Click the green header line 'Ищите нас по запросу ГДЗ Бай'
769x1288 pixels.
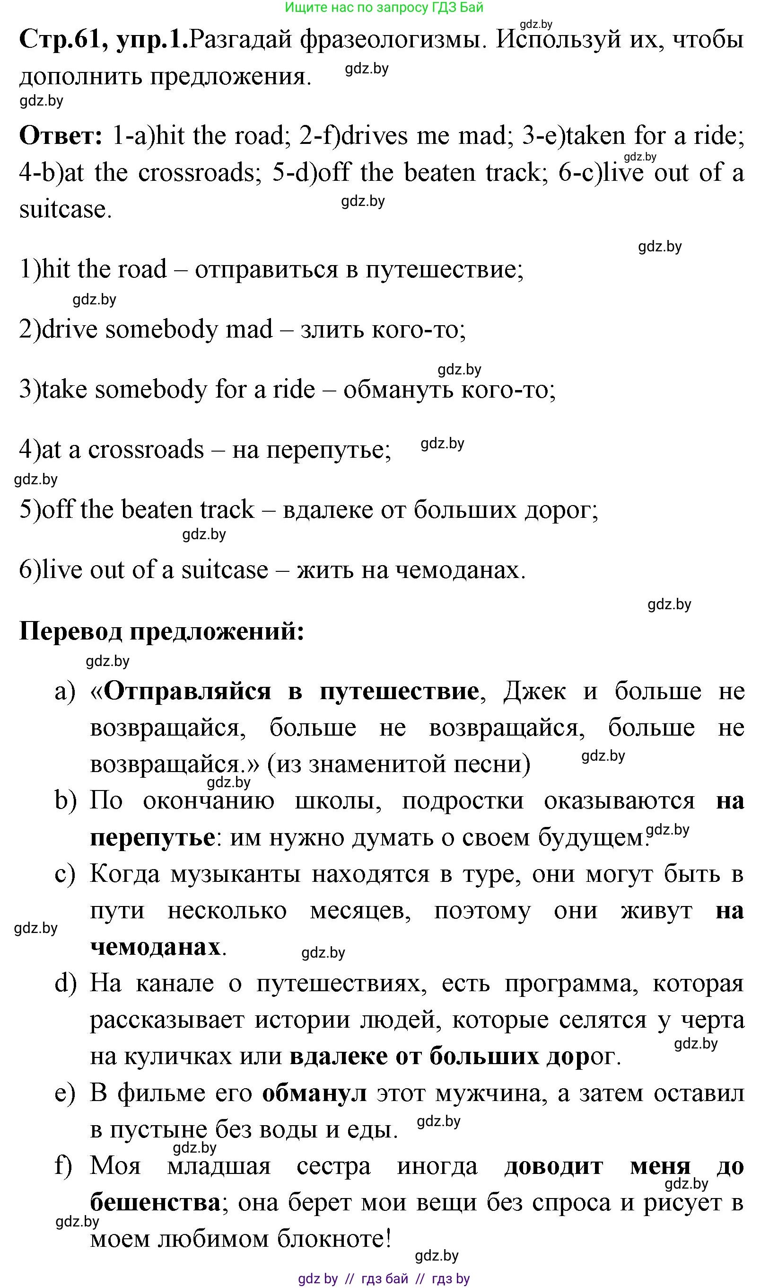pyautogui.click(x=384, y=8)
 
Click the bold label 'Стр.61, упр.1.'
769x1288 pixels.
pyautogui.click(x=103, y=39)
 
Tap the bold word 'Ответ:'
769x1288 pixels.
pyautogui.click(x=61, y=136)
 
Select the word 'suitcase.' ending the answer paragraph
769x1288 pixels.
pyautogui.click(x=65, y=210)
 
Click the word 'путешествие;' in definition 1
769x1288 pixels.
pyautogui.click(x=445, y=270)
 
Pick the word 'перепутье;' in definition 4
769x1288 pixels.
pyautogui.click(x=329, y=450)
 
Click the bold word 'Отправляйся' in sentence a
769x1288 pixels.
pyautogui.click(x=188, y=691)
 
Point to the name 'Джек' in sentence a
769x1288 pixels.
pyautogui.click(x=534, y=691)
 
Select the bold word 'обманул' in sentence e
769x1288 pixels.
pyautogui.click(x=314, y=1093)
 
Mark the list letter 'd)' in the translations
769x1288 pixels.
pyautogui.click(x=65, y=984)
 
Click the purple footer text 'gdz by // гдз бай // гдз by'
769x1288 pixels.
pyautogui.click(x=384, y=1279)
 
